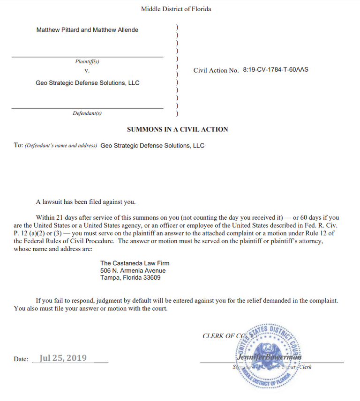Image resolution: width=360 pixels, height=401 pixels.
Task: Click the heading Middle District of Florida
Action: (x=176, y=9)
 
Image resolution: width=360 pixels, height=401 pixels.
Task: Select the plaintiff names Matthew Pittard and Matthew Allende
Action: (x=87, y=30)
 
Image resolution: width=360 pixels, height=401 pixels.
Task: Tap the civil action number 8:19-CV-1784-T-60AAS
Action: (x=275, y=70)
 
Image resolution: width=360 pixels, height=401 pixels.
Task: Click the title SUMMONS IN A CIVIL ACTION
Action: (x=177, y=129)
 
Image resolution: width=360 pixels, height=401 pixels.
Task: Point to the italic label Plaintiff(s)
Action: (x=87, y=61)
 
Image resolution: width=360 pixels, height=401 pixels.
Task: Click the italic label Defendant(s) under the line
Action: (x=87, y=113)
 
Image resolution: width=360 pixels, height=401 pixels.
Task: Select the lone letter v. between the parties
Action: (x=87, y=71)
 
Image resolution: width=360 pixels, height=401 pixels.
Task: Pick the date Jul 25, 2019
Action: (x=63, y=358)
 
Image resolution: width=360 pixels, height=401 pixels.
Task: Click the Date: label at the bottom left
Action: (x=21, y=359)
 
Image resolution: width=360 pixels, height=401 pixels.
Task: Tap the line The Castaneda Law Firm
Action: (x=133, y=263)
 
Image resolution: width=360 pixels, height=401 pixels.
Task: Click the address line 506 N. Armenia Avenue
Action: (x=133, y=271)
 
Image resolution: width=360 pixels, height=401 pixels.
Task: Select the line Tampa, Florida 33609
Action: (x=130, y=278)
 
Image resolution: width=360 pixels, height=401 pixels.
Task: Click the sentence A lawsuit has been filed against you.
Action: (x=86, y=202)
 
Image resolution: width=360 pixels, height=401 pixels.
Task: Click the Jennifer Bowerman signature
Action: (x=270, y=357)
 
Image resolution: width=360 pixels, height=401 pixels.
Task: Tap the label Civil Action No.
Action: (x=216, y=70)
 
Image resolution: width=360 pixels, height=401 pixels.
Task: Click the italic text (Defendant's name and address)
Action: (x=61, y=146)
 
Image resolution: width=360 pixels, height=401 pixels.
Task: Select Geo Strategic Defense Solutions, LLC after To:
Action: (x=152, y=145)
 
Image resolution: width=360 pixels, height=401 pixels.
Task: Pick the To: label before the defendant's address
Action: (x=18, y=145)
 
